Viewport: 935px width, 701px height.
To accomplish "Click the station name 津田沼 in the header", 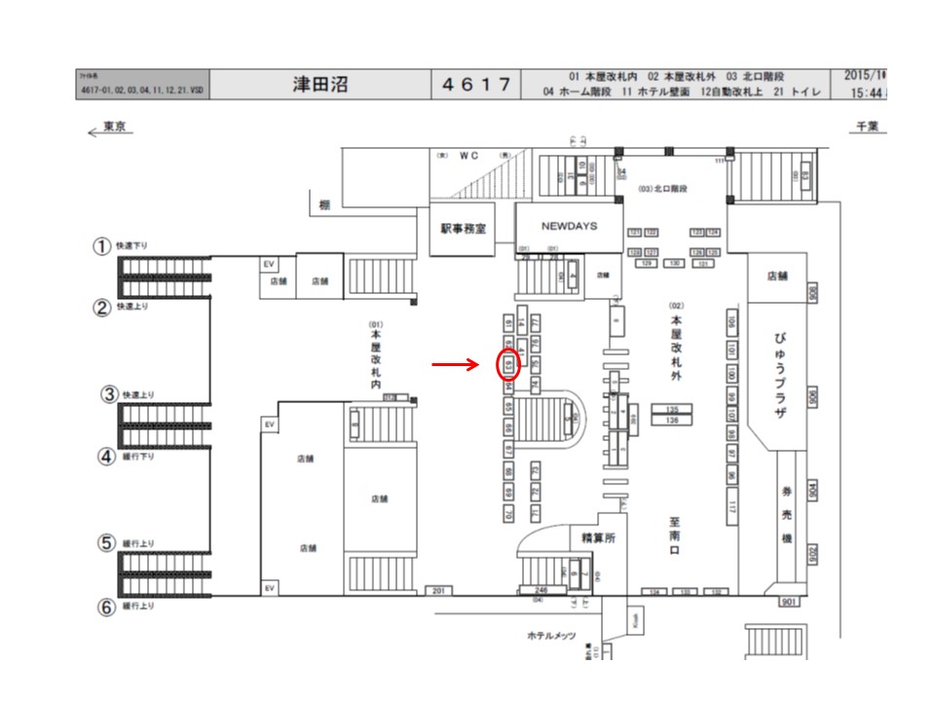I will tap(320, 84).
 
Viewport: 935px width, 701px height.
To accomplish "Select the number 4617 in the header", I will tap(476, 84).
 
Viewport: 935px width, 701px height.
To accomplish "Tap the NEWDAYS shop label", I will tap(569, 226).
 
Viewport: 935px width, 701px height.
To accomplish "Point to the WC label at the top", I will tap(470, 155).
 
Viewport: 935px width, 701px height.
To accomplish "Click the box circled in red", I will tap(508, 364).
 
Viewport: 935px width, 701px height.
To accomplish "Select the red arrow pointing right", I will tap(456, 365).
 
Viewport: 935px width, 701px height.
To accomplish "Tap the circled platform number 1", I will tap(100, 246).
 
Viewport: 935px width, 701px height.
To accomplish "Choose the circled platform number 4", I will tap(106, 456).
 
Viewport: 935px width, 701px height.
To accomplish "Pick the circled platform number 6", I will tap(106, 607).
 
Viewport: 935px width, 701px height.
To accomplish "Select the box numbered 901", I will tap(789, 602).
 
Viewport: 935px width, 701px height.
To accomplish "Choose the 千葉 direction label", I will tap(867, 128).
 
